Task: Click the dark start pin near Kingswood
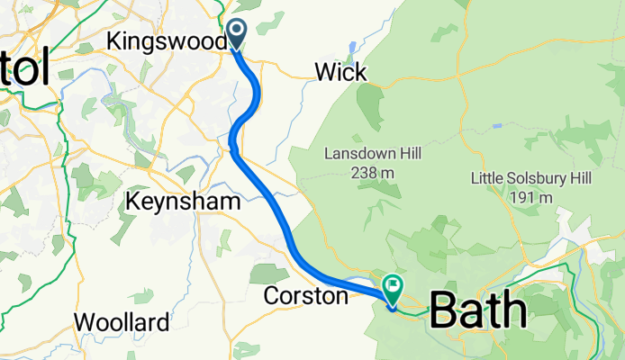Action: pos(237,33)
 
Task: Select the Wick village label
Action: pos(340,72)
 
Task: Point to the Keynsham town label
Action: pos(184,201)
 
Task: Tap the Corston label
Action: pos(305,295)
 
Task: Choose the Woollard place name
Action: pos(121,322)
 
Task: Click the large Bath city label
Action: pos(478,311)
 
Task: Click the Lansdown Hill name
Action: pos(372,154)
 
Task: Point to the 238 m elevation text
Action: pos(372,174)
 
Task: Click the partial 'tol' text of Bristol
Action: pos(25,70)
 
